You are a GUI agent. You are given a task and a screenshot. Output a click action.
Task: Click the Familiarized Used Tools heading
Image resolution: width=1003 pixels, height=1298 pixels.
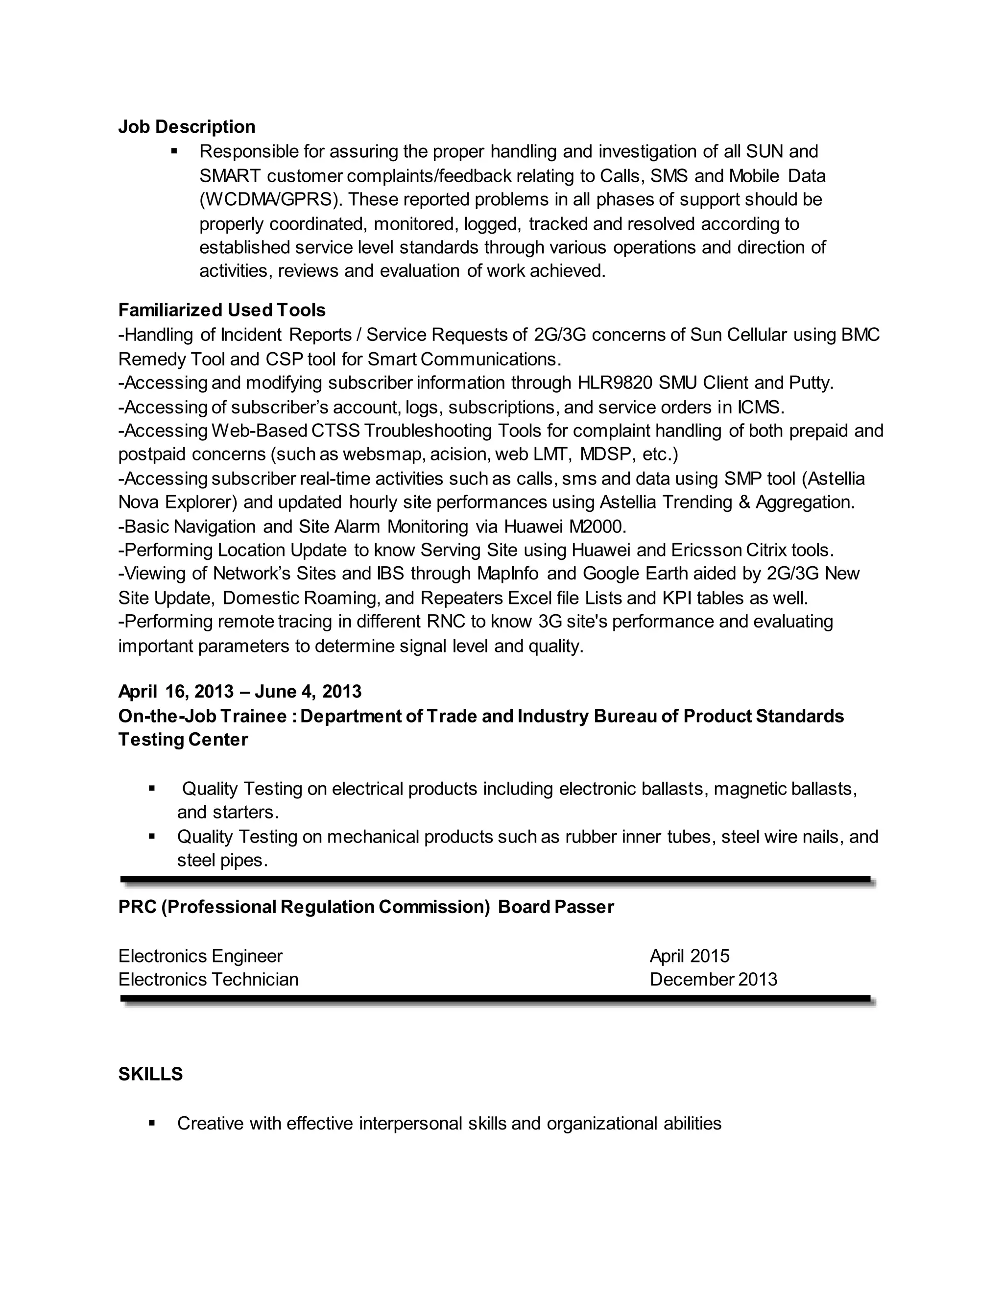coord(222,310)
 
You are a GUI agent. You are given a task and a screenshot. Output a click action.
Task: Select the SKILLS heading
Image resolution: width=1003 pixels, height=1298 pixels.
coord(150,1074)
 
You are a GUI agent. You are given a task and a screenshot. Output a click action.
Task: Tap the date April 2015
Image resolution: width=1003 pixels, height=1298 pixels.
coord(689,956)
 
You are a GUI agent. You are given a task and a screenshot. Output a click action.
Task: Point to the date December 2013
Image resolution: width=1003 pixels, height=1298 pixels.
coord(713,980)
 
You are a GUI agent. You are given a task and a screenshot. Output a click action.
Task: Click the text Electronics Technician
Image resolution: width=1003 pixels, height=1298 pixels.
coord(208,980)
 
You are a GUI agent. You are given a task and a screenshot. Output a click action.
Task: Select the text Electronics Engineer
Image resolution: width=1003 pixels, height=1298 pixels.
coord(200,956)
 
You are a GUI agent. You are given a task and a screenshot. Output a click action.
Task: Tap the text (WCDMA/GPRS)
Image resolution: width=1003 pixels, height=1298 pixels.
coord(270,200)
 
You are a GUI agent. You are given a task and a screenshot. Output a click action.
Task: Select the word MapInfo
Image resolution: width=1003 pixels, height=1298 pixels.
coord(508,574)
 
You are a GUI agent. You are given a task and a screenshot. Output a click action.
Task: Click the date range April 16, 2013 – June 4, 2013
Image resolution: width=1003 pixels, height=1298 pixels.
coord(239,692)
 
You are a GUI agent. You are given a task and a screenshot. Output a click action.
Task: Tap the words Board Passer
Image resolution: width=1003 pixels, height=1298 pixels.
coord(555,907)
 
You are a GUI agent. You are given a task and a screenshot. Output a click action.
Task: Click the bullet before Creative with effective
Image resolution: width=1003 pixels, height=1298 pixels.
coord(152,1123)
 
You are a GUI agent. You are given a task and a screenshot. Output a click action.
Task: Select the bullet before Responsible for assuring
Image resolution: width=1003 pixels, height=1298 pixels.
coord(174,151)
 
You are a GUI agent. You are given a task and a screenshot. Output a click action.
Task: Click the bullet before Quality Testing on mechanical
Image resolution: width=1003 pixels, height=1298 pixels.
coord(152,836)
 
